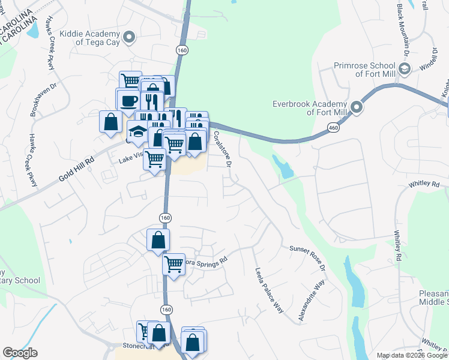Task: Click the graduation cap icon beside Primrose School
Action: click(x=405, y=70)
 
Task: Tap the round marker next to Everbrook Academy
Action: click(x=357, y=107)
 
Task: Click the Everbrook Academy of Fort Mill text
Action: click(x=310, y=107)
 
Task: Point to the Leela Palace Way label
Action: click(x=269, y=290)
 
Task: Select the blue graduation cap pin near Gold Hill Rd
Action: click(x=138, y=132)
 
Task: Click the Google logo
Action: click(x=20, y=353)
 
